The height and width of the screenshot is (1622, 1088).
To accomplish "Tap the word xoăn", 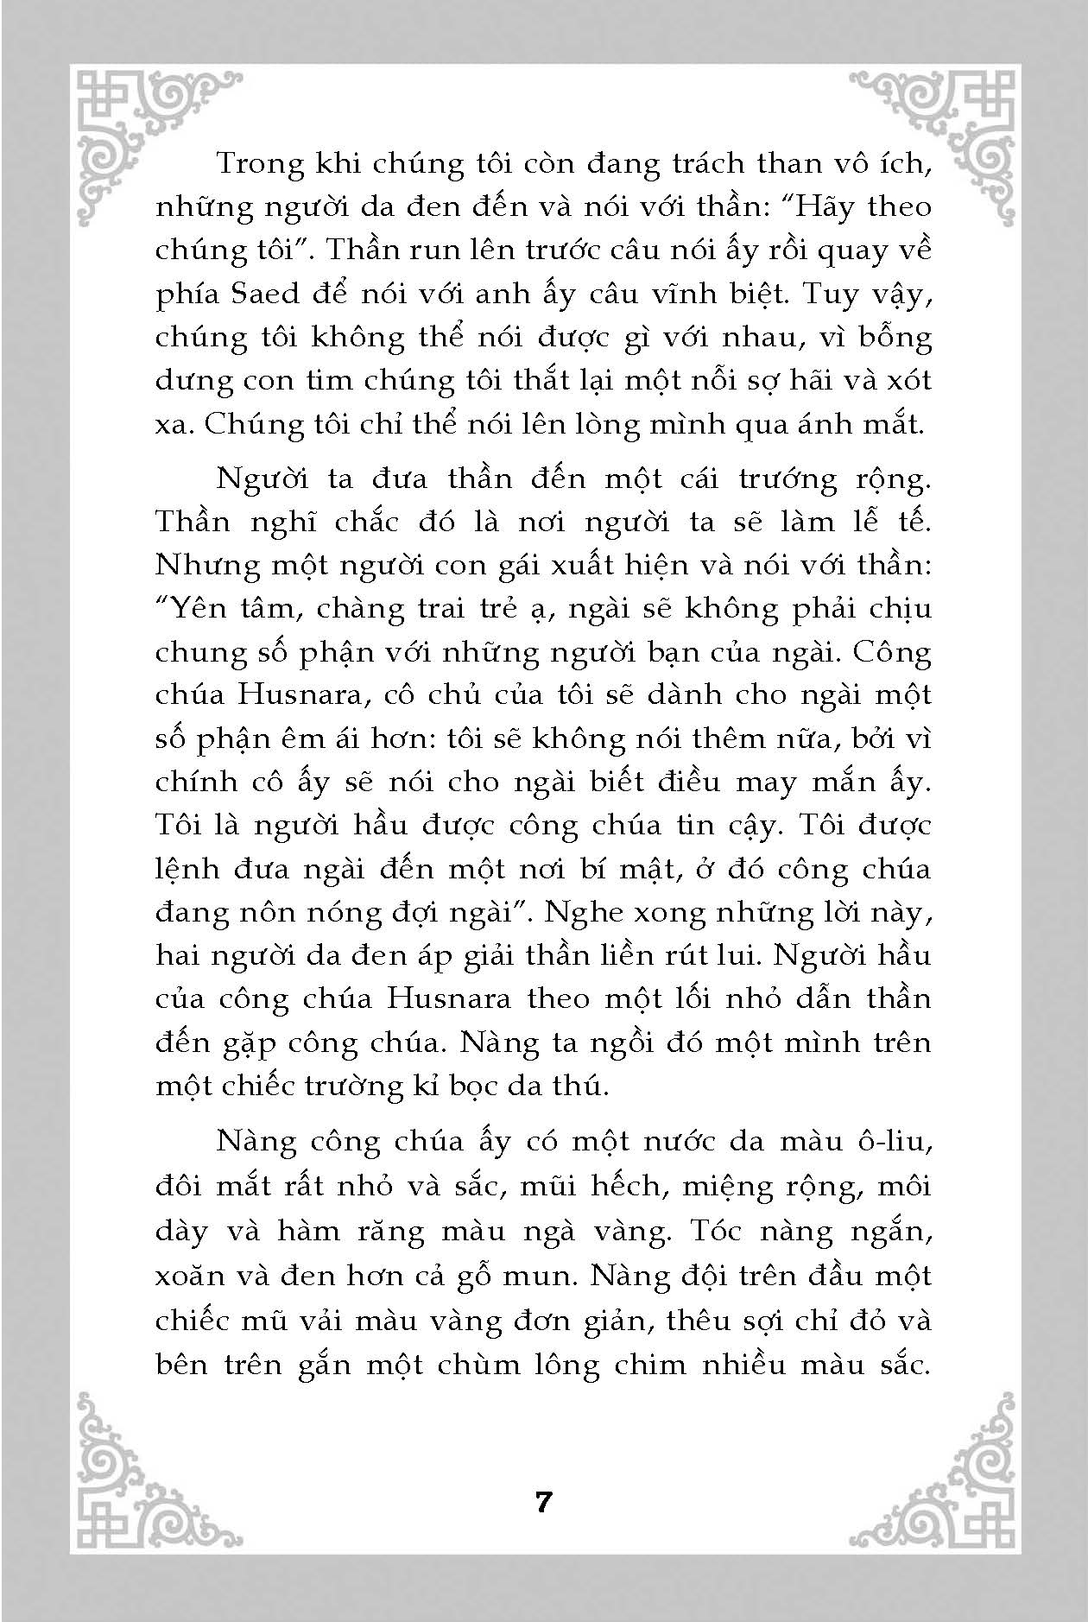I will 189,1275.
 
